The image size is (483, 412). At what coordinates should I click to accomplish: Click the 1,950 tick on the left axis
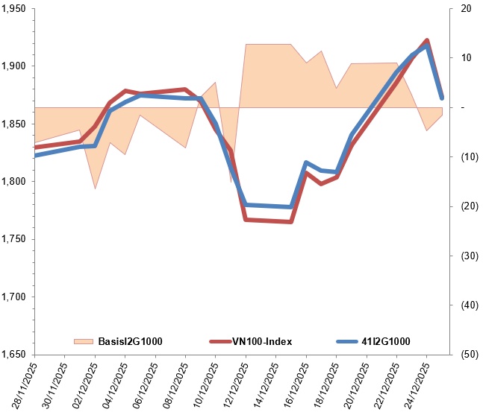pos(14,9)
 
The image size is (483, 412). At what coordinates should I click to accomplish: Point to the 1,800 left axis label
pos(14,182)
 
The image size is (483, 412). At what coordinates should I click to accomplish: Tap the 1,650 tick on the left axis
pos(14,355)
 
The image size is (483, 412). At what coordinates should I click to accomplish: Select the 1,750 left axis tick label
pos(14,239)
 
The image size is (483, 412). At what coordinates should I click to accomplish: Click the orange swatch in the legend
pos(84,341)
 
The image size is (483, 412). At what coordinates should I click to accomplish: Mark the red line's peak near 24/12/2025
pos(426,40)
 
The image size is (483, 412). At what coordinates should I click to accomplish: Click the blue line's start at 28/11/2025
pos(35,156)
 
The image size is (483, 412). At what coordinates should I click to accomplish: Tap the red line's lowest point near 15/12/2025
pos(291,222)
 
